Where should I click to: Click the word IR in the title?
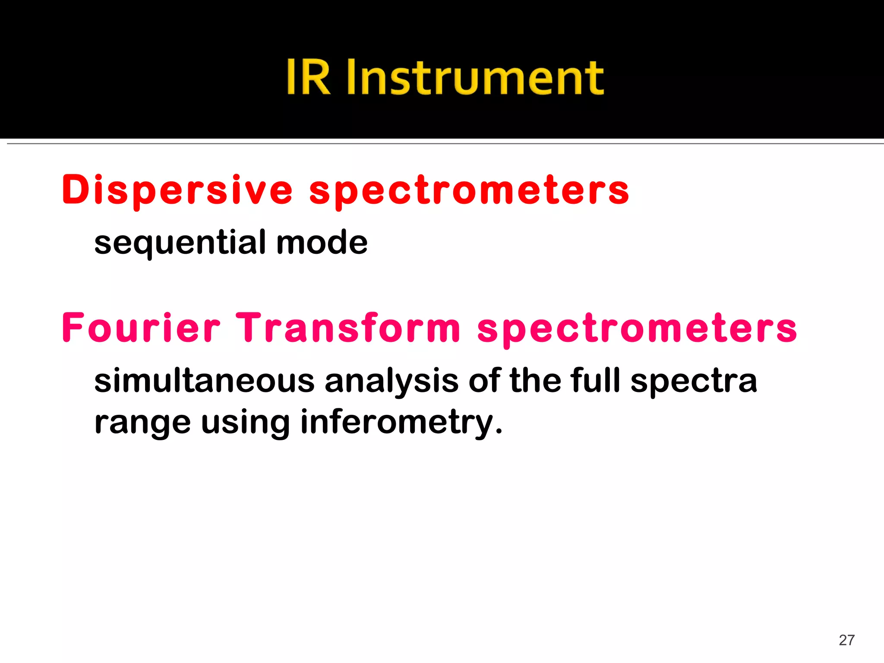(x=308, y=78)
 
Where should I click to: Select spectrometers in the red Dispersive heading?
(x=469, y=191)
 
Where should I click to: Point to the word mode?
(x=322, y=243)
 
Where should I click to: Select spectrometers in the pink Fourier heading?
(x=637, y=329)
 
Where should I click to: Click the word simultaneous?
(x=205, y=381)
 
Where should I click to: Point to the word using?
(x=245, y=423)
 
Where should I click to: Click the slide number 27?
(x=846, y=640)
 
